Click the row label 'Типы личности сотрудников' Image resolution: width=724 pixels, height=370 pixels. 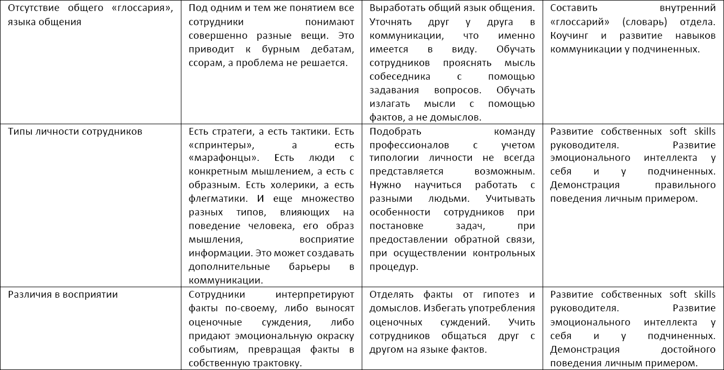[75, 132]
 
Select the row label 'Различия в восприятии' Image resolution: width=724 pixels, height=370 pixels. [63, 295]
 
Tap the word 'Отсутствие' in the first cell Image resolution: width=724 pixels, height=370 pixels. [33, 9]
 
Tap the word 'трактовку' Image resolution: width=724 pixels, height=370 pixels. [280, 363]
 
